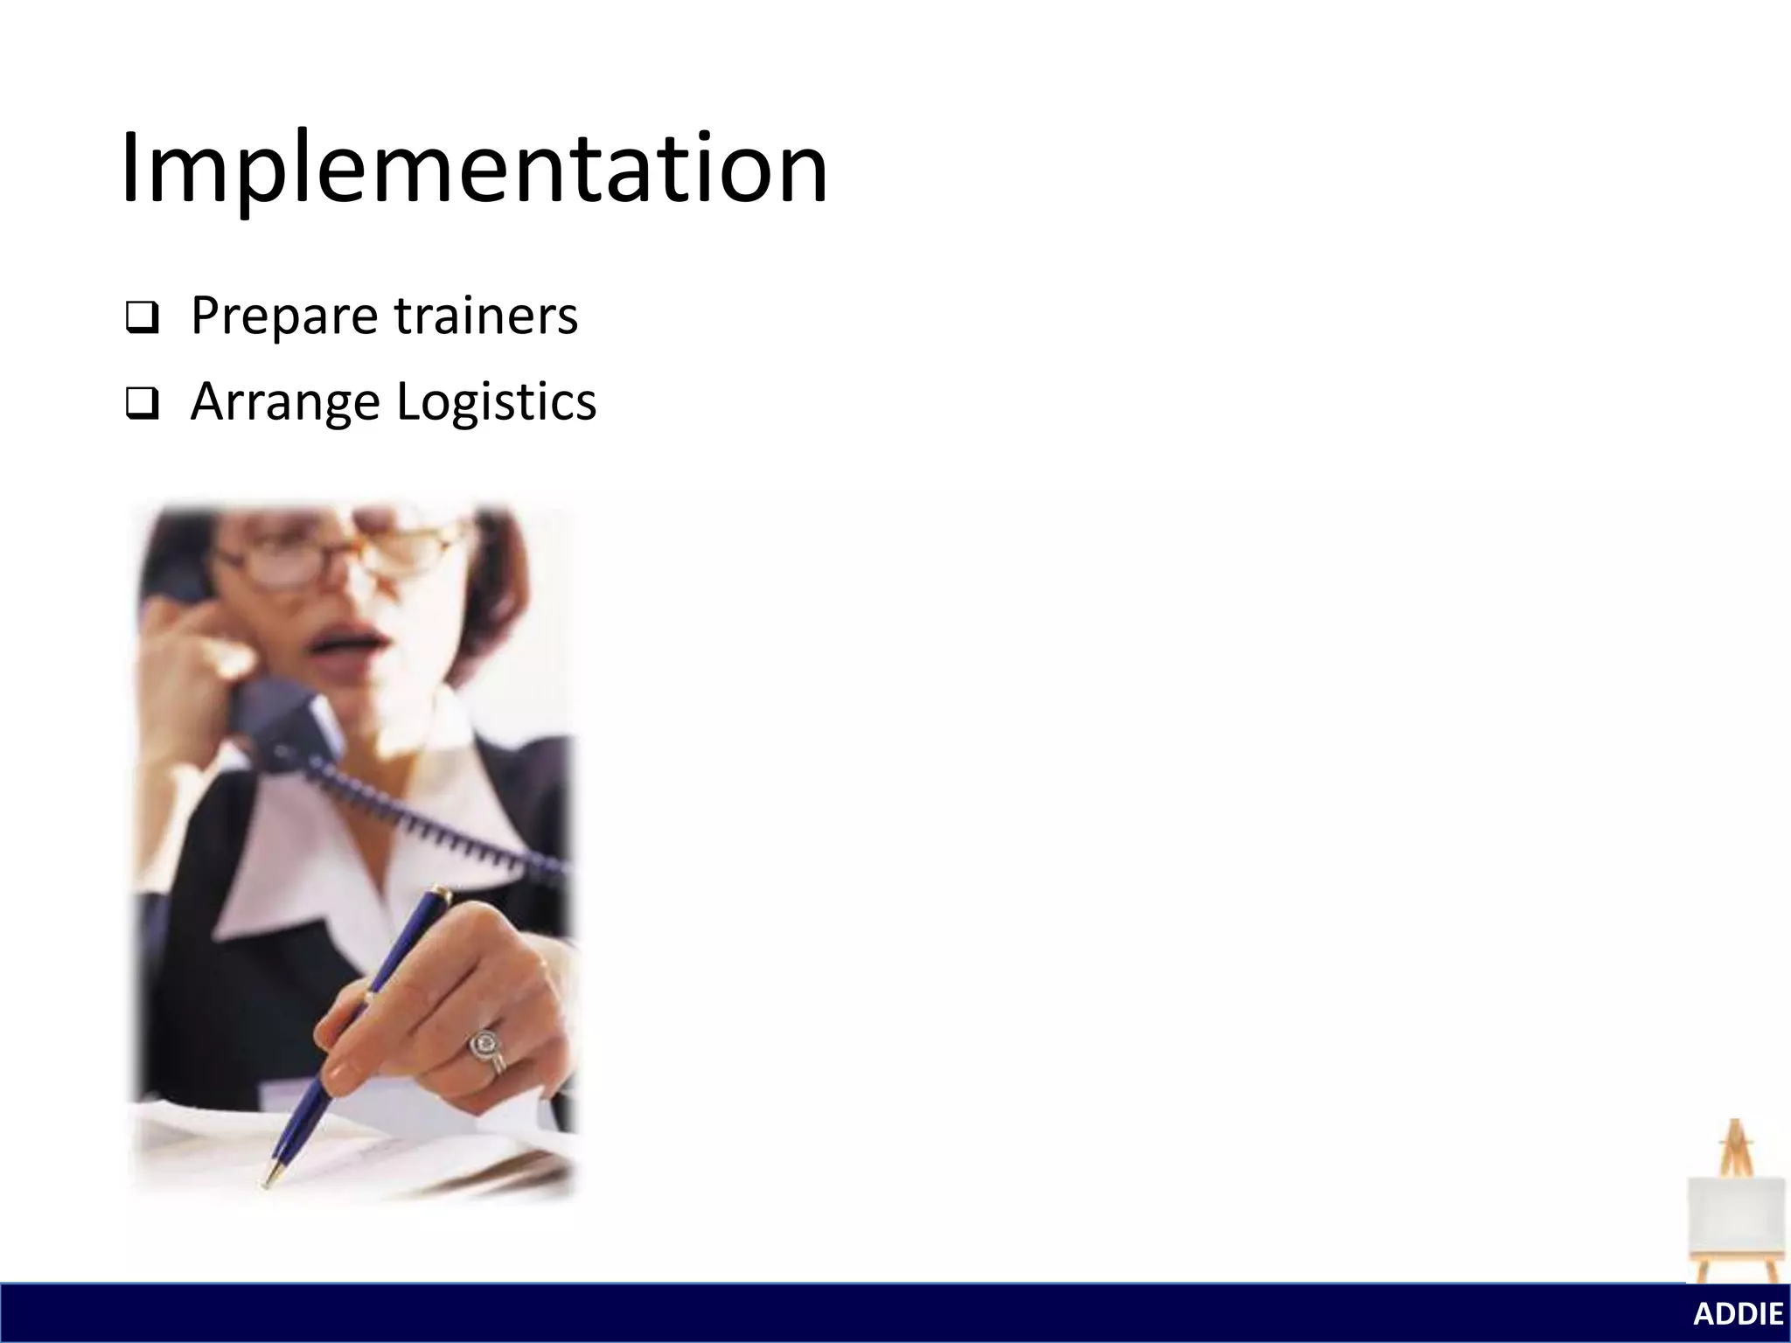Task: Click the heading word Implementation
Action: [474, 168]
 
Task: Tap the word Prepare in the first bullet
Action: [283, 317]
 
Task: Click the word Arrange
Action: [284, 402]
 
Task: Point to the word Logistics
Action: [496, 402]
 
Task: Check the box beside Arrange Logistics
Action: [142, 404]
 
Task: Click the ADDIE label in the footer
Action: [1738, 1314]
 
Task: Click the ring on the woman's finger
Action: [484, 1045]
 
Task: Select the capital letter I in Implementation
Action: [129, 168]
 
